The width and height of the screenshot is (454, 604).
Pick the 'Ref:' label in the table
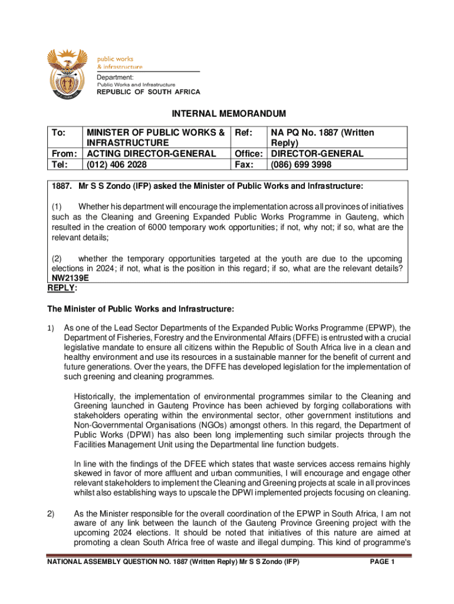244,133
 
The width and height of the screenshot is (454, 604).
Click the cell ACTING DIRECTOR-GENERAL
151,154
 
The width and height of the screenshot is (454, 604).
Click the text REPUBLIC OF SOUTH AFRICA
148,92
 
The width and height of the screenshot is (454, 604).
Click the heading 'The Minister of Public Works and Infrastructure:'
140,308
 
